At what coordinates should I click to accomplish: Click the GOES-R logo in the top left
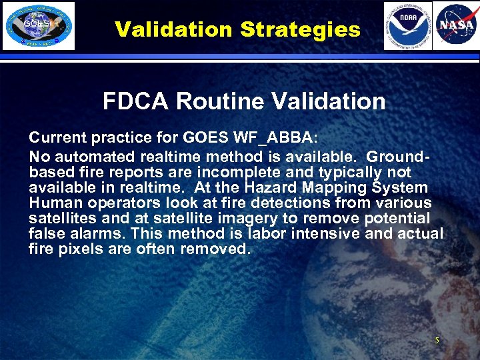coord(38,25)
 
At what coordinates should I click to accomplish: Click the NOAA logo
coord(407,25)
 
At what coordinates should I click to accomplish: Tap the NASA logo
coord(455,25)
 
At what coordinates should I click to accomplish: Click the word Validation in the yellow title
coord(173,29)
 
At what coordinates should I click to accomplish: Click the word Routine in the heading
coord(223,101)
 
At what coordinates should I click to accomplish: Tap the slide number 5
coord(437,341)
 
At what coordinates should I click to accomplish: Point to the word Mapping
coord(328,188)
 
